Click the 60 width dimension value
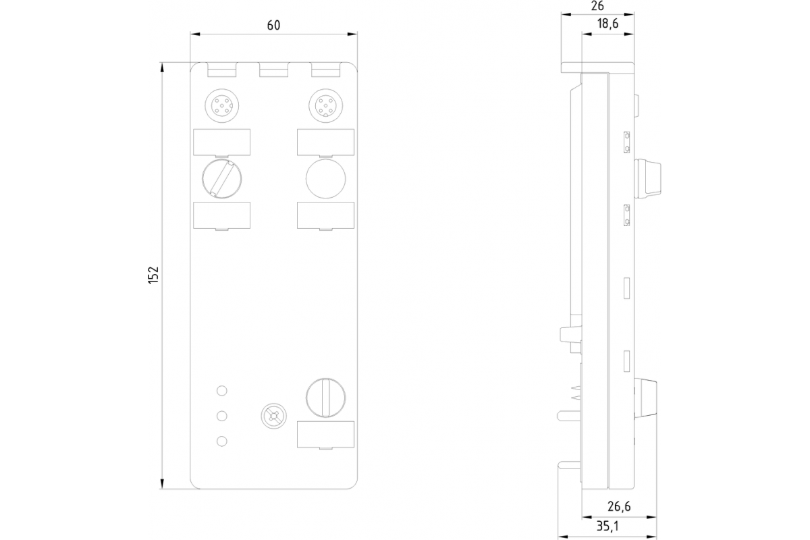[x=273, y=25]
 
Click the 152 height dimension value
[x=153, y=274]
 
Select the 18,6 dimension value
[x=607, y=24]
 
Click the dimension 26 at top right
[x=597, y=7]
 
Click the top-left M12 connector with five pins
[x=222, y=105]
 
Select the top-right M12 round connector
[x=325, y=105]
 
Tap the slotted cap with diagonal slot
[x=222, y=178]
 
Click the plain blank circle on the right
[x=325, y=178]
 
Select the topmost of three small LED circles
[x=221, y=390]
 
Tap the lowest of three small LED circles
[x=221, y=441]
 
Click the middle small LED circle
[x=221, y=416]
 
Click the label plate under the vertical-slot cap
[x=325, y=434]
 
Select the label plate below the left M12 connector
[x=222, y=142]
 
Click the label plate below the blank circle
[x=325, y=215]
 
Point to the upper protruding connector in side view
[x=648, y=177]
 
